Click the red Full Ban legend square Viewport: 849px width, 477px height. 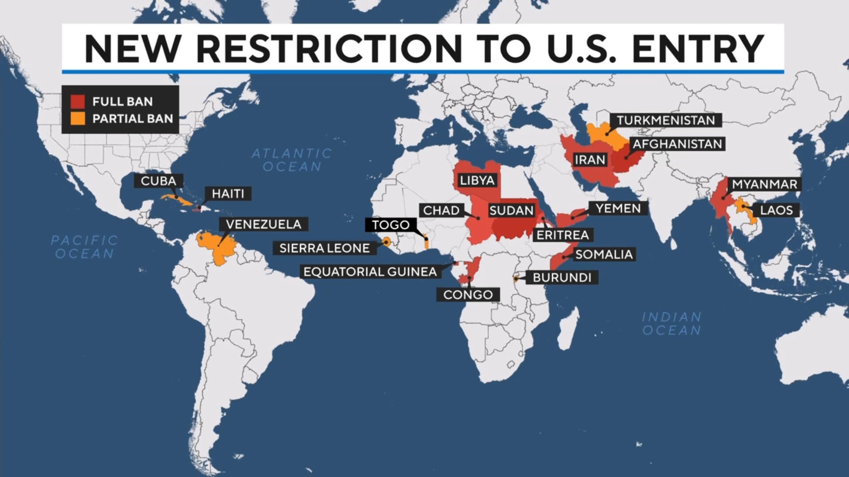[78, 102]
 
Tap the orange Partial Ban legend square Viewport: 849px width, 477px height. [78, 118]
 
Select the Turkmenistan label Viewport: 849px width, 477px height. [665, 120]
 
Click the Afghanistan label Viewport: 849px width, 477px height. [677, 144]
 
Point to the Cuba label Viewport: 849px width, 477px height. [158, 181]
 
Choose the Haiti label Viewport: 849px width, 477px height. [228, 193]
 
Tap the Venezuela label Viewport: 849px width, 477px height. [264, 224]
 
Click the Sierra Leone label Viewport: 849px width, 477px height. [325, 248]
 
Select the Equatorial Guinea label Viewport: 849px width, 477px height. [370, 272]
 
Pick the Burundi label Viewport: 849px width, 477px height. [562, 277]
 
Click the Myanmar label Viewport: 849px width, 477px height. [765, 184]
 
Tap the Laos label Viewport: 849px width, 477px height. [776, 210]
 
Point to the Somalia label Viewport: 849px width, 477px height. [604, 254]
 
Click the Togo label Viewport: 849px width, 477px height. [390, 225]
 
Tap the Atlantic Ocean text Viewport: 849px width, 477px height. [292, 160]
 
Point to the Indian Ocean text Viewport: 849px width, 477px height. [671, 323]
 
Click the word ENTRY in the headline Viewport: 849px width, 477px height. [698, 48]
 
